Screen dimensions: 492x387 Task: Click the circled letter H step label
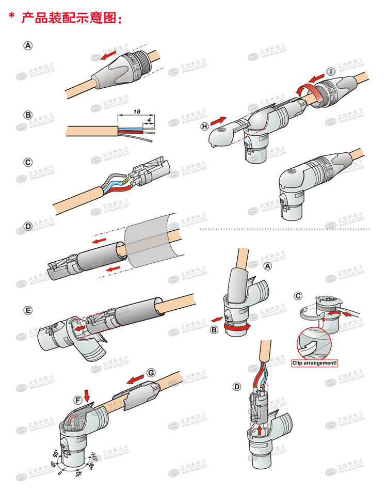coord(204,126)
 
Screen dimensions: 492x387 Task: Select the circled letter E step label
coord(28,310)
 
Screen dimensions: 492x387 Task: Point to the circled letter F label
coord(78,400)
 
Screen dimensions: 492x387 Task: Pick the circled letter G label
coord(151,373)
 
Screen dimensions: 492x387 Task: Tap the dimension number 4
coord(150,120)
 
